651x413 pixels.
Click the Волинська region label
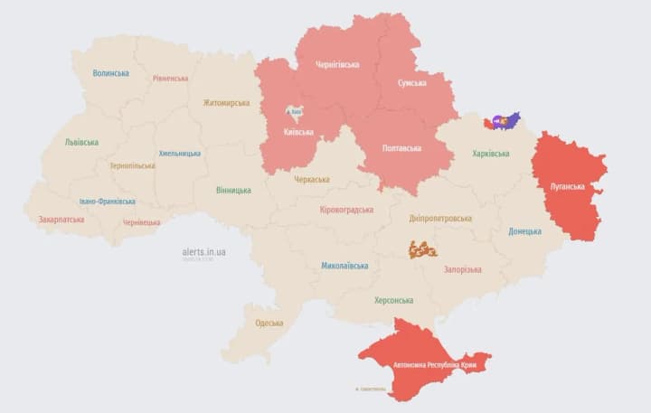click(110, 73)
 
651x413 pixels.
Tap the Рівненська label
click(170, 79)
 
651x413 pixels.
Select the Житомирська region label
click(226, 103)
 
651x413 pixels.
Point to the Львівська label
click(81, 142)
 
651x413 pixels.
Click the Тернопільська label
click(132, 166)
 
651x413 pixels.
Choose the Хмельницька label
click(179, 154)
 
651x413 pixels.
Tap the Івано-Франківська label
click(108, 202)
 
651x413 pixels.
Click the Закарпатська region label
click(61, 219)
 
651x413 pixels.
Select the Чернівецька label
click(141, 222)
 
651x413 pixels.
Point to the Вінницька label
click(234, 190)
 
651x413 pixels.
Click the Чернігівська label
click(337, 65)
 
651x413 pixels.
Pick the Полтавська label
click(401, 147)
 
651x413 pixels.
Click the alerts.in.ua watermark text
click(203, 251)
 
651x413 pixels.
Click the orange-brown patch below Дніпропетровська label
click(422, 249)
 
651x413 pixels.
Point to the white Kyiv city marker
click(294, 112)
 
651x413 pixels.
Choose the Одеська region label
click(269, 323)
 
